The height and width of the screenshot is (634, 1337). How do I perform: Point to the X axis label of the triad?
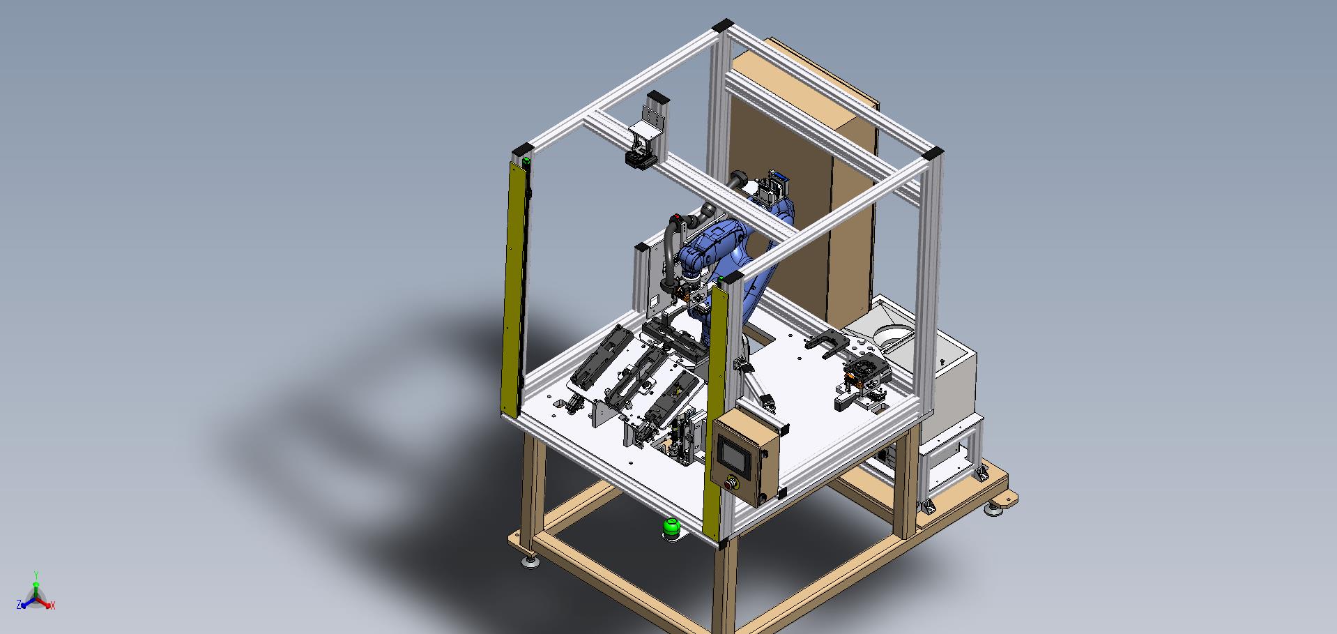click(x=53, y=605)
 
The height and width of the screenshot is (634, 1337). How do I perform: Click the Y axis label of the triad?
click(x=36, y=575)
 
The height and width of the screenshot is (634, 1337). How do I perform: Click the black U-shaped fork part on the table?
click(x=825, y=343)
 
